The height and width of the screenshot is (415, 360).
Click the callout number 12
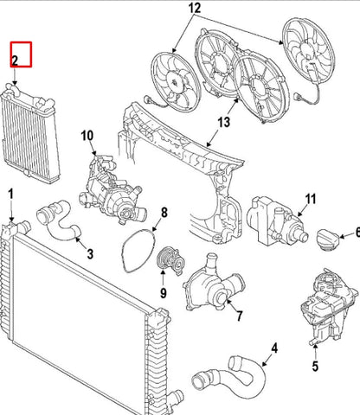(x=194, y=8)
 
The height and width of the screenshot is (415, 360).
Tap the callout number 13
(x=224, y=122)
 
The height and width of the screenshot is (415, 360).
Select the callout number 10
(x=87, y=136)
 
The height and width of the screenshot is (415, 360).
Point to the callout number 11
(x=311, y=199)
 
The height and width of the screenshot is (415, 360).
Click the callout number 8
(x=164, y=213)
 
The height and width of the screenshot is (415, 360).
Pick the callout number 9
(x=164, y=293)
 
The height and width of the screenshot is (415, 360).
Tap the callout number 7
(x=240, y=316)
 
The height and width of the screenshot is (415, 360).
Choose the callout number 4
(x=274, y=348)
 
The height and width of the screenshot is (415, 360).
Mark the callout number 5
(x=315, y=366)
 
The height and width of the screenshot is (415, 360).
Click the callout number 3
(x=90, y=254)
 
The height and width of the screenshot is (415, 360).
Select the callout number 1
(x=11, y=194)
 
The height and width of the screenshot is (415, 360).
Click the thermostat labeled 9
(x=170, y=261)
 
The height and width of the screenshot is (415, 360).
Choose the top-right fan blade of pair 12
(x=308, y=54)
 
